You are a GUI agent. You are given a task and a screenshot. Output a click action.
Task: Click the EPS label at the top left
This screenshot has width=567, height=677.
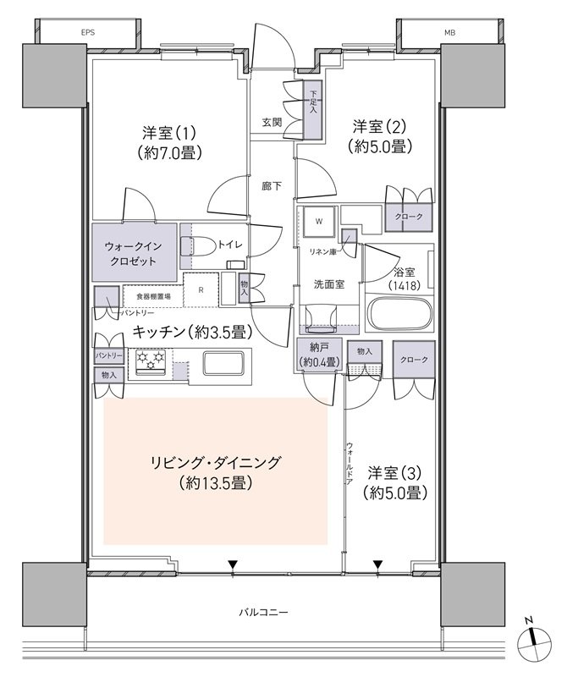[88, 32]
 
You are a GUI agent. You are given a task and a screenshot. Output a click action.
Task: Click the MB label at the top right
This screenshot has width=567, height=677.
[449, 32]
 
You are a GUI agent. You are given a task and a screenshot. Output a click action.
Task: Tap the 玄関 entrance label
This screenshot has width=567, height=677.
[272, 122]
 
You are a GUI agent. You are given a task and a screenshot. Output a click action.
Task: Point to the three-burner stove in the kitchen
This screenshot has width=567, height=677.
[151, 362]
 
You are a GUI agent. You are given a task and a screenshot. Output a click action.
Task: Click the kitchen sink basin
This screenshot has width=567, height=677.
[223, 363]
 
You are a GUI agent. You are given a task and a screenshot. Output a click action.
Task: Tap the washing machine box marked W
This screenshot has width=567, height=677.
[319, 222]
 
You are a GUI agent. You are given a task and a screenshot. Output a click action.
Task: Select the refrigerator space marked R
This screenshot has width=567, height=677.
[201, 290]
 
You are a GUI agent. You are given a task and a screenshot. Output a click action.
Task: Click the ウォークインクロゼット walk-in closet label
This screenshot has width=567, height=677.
[134, 253]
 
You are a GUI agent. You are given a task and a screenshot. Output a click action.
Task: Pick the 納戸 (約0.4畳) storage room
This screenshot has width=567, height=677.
[320, 355]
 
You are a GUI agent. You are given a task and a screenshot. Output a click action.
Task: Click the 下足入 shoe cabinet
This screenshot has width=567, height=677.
[313, 110]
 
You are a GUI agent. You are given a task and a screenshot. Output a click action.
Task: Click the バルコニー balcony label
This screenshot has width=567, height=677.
[263, 612]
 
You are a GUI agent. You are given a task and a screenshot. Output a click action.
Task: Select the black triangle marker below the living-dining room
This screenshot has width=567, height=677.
[234, 564]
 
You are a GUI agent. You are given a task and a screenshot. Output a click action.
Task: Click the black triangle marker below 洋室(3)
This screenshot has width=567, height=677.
[378, 564]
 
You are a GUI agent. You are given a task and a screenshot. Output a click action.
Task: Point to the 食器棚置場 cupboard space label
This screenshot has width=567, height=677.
[153, 297]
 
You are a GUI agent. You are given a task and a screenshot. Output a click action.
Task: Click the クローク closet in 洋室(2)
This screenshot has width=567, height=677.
[409, 217]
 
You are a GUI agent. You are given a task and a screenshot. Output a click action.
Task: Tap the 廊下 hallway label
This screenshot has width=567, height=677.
[272, 186]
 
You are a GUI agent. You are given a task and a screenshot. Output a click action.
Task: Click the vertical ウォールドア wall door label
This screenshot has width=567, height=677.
[350, 463]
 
